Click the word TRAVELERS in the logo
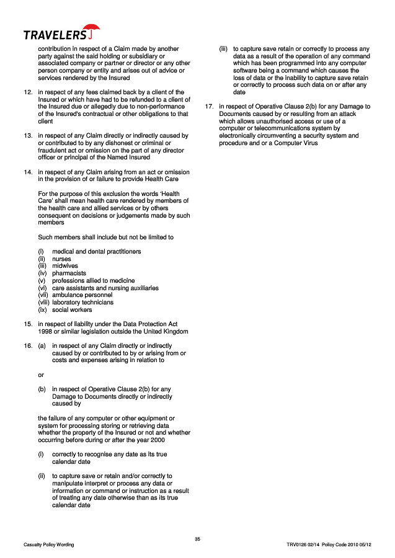[55, 35]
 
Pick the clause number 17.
[209, 107]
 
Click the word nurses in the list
[61, 259]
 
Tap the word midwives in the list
[65, 266]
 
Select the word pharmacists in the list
[69, 273]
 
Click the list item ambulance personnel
[82, 295]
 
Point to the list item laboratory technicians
[82, 303]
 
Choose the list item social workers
[72, 310]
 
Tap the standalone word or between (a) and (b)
[41, 374]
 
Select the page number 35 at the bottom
[197, 538]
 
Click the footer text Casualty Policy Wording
[48, 545]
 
